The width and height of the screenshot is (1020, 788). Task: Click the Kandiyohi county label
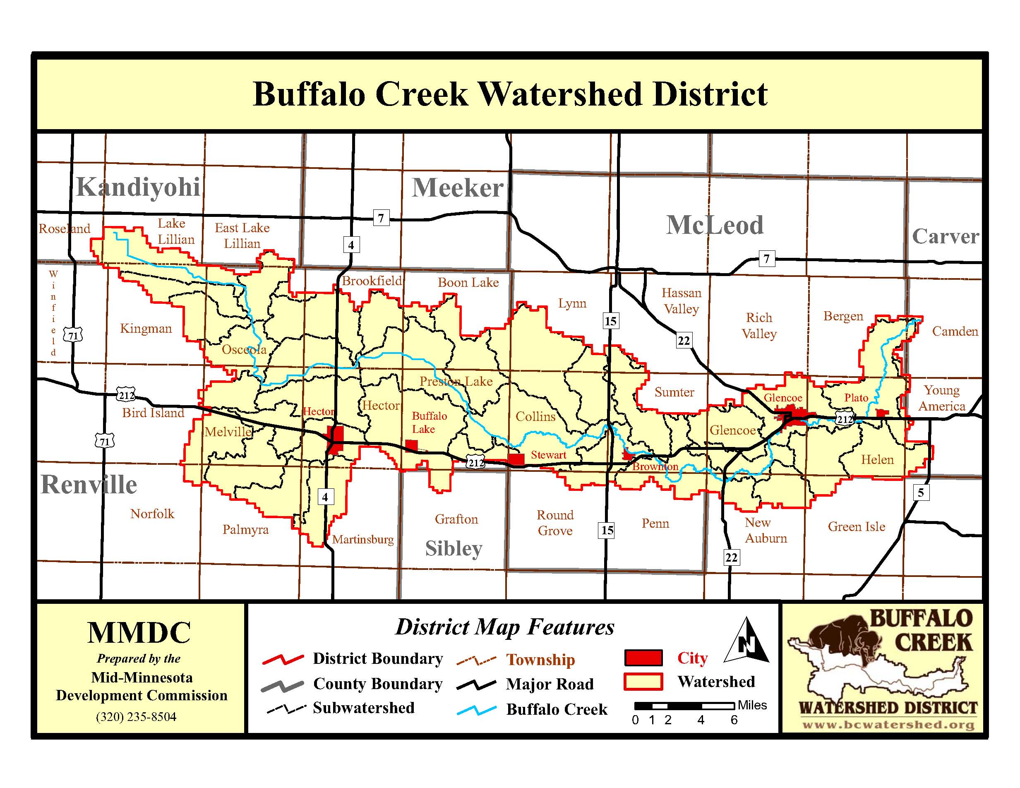pos(138,187)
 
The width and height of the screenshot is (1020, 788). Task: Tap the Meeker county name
pos(457,188)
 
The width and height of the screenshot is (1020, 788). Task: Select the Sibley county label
pos(454,548)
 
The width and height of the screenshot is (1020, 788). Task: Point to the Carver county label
pos(945,236)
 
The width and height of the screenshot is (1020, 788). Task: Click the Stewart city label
pos(548,454)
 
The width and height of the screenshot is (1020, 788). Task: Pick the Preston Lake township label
pos(456,382)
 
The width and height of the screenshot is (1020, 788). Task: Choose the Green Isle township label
pos(857,526)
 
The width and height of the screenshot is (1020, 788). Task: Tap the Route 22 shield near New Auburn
pos(731,557)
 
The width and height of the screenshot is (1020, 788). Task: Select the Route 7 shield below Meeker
pos(381,218)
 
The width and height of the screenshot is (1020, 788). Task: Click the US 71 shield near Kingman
pos(73,335)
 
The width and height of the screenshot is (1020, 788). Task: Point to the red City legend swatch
pos(643,658)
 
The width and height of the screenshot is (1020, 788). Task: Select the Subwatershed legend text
pos(363,708)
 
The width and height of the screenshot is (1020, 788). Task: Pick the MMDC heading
pos(139,632)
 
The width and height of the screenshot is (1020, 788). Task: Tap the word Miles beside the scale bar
pos(752,705)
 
